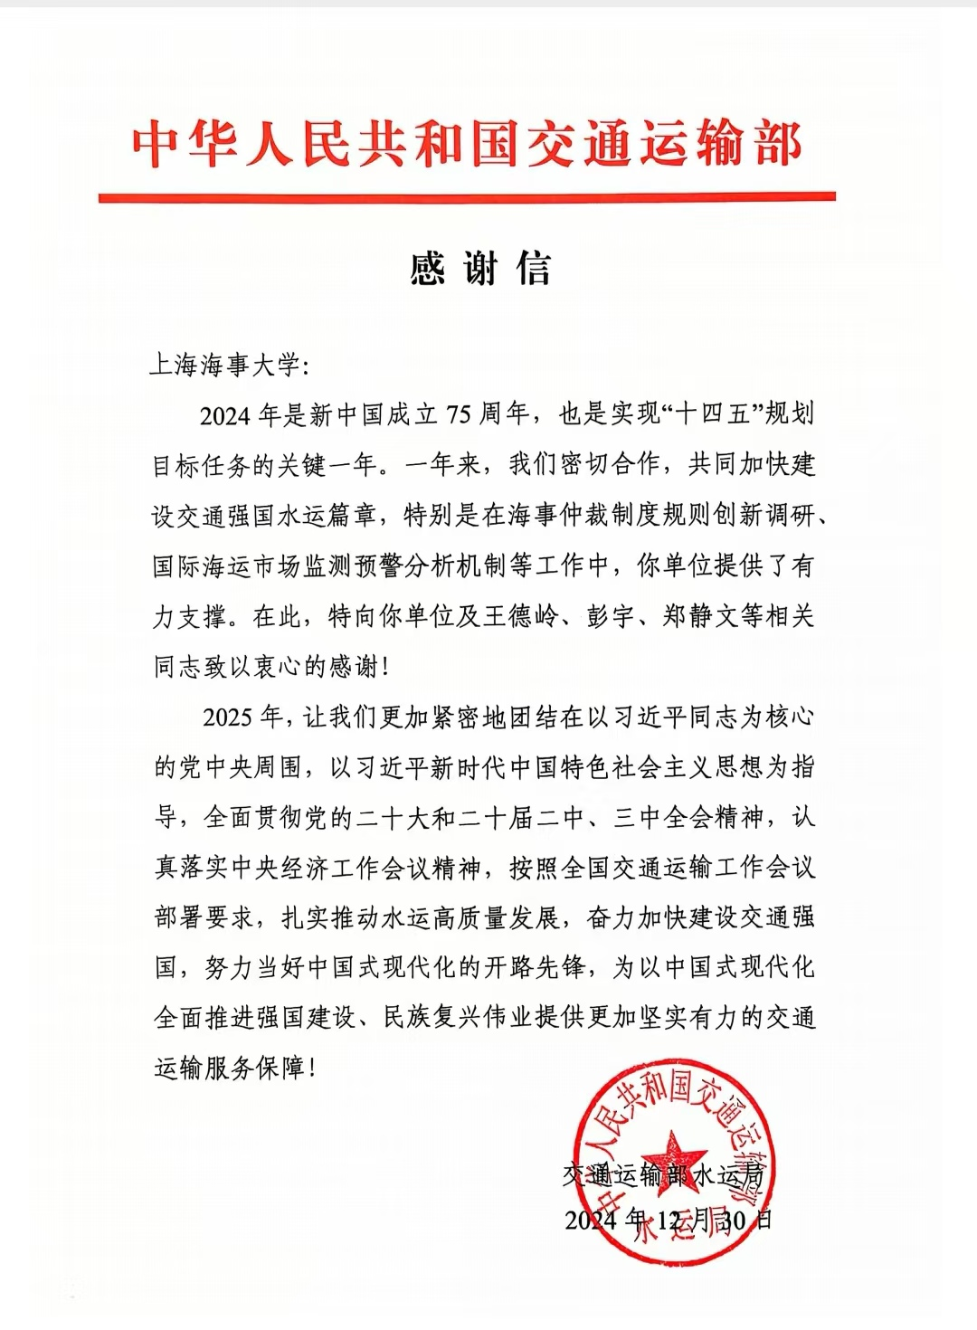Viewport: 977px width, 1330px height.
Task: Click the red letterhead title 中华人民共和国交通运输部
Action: click(467, 144)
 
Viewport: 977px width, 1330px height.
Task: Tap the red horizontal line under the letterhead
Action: click(467, 196)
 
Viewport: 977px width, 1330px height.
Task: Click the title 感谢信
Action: click(480, 269)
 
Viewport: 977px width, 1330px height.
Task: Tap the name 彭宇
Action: click(612, 617)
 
